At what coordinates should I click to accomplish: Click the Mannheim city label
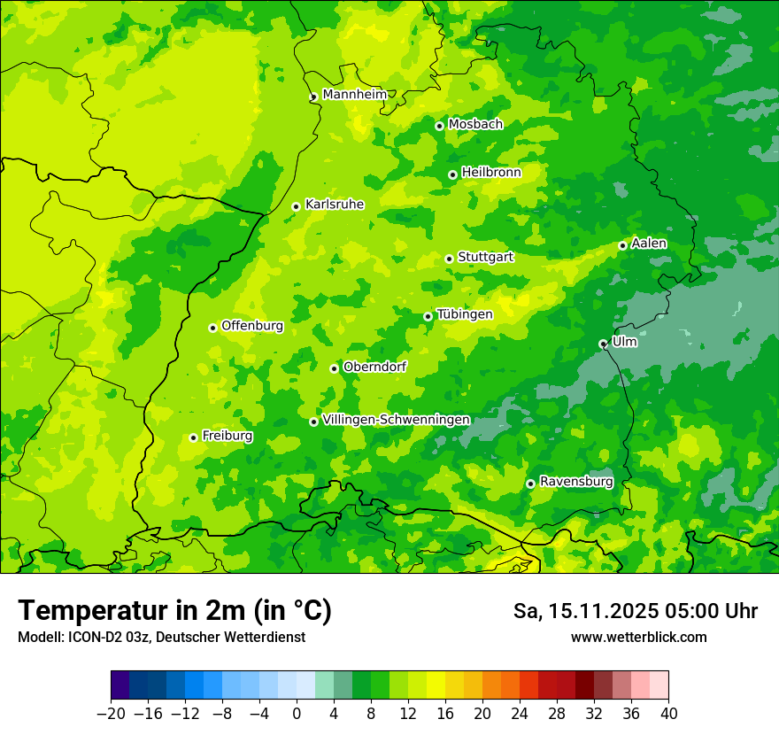[354, 95]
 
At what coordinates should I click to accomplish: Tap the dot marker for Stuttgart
[449, 259]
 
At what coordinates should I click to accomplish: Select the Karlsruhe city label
[335, 205]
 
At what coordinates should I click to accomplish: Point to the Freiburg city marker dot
[193, 437]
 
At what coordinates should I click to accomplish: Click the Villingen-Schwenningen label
[397, 420]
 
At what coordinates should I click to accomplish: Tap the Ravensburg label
[576, 482]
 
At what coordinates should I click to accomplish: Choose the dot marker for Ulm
[603, 344]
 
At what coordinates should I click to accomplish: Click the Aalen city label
[649, 244]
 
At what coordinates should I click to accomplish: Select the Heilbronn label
[491, 173]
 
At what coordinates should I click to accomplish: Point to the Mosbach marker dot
[439, 126]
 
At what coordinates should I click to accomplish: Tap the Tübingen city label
[465, 314]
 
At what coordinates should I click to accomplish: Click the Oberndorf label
[374, 367]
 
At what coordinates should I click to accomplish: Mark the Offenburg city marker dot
[212, 328]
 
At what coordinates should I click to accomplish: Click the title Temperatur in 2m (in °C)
[174, 610]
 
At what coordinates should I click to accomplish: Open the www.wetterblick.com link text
[638, 638]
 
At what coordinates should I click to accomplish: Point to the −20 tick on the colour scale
[111, 714]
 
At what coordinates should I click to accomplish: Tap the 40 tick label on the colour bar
[668, 714]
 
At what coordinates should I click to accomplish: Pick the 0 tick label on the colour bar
[297, 714]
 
